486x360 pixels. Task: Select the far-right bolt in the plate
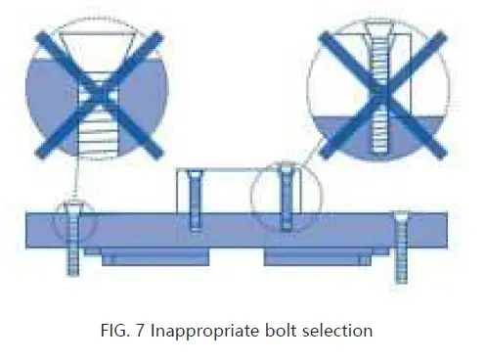tap(400, 245)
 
